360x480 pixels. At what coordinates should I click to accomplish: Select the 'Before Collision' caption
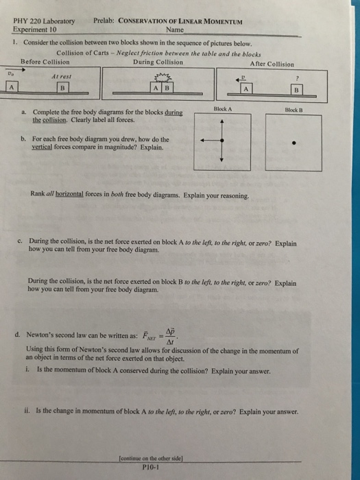(45, 61)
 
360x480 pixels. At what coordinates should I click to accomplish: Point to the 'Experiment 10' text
(35, 29)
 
